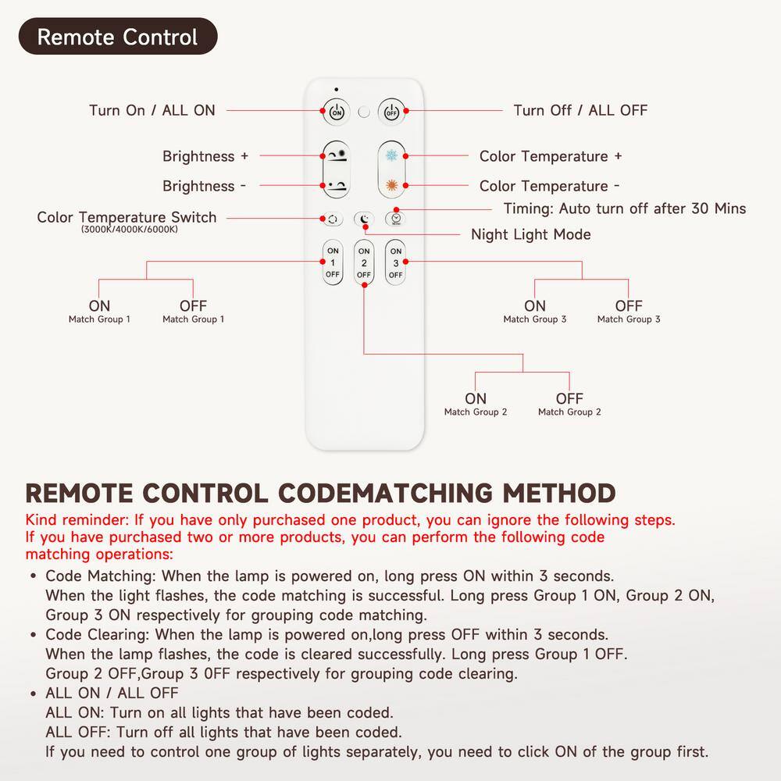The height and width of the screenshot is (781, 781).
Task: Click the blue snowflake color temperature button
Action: coord(390,155)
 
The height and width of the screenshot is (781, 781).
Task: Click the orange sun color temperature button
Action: coord(390,186)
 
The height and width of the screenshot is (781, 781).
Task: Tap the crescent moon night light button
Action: coord(364,219)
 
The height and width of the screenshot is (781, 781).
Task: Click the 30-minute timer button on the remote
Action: coord(396,219)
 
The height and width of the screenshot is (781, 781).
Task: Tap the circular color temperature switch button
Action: coord(333,219)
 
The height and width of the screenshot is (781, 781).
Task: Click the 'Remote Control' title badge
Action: coord(117,37)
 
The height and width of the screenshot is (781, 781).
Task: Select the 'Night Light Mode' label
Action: coord(531,234)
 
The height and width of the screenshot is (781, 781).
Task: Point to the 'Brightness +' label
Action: coord(205,156)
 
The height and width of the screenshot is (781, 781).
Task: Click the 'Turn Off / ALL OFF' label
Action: coord(580,110)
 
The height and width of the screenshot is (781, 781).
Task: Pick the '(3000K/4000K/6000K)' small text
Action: coord(129,230)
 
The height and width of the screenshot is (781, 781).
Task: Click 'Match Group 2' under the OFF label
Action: coord(569,412)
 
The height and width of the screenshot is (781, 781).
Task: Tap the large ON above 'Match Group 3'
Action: coord(535,305)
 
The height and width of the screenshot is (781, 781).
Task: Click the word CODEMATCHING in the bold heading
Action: coord(386,494)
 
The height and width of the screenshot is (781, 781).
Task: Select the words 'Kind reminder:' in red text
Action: coord(77,520)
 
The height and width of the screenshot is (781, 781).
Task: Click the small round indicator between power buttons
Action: coord(364,112)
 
